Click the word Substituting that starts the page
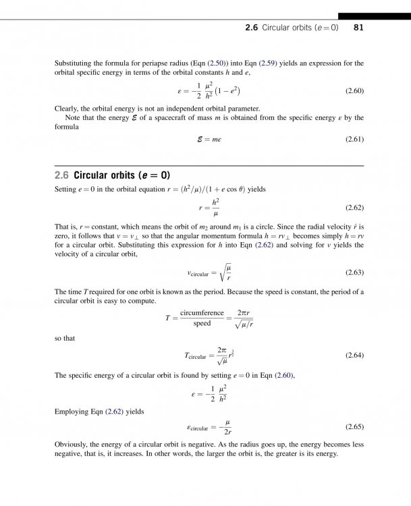click(75, 63)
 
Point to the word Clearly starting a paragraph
click(66, 108)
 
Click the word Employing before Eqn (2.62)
click(72, 410)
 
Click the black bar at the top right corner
click(374, 16)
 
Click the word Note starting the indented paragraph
click(73, 117)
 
